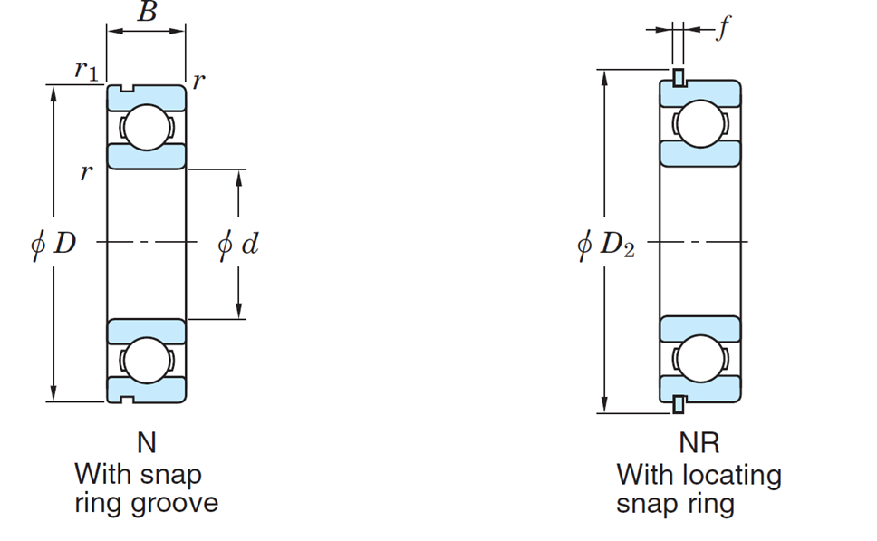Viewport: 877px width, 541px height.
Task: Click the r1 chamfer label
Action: point(87,71)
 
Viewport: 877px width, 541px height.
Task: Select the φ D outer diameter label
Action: point(53,244)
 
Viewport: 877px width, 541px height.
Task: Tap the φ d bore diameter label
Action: point(238,244)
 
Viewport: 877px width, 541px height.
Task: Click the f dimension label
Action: point(721,30)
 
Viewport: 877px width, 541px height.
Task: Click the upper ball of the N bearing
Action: point(146,127)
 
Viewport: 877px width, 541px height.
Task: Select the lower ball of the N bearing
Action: point(146,361)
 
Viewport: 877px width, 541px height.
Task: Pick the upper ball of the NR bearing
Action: point(699,126)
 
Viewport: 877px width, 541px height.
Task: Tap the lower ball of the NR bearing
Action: point(699,360)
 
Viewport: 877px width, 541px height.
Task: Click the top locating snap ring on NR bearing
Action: point(677,77)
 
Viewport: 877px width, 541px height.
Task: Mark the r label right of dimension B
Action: point(198,81)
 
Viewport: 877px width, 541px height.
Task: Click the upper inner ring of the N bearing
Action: point(146,156)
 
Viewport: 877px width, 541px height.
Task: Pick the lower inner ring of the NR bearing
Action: point(699,329)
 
